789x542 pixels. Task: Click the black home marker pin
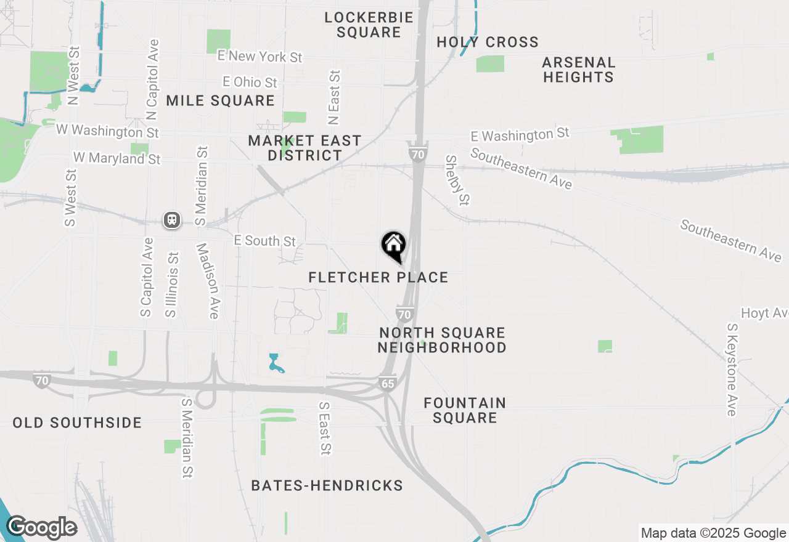(x=393, y=246)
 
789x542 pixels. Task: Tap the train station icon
(x=172, y=220)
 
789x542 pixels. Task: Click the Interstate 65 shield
(x=387, y=383)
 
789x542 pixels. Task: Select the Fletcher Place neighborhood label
(x=378, y=278)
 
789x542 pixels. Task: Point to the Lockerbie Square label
(x=369, y=25)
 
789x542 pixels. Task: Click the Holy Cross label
(x=488, y=42)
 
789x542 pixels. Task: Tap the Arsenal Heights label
(x=578, y=70)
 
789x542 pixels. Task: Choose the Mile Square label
(x=220, y=100)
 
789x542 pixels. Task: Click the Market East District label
(x=305, y=148)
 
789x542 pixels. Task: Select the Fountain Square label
(x=465, y=410)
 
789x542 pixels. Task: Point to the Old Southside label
(x=77, y=423)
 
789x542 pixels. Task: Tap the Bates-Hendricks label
(x=327, y=486)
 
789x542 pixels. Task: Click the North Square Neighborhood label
(x=442, y=340)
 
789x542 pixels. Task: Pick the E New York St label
(x=260, y=57)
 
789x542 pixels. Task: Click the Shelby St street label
(x=458, y=180)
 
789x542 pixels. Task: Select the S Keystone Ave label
(x=732, y=370)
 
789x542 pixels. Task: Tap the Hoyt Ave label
(x=764, y=313)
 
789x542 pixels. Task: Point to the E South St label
(x=264, y=241)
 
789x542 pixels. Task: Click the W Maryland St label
(x=117, y=158)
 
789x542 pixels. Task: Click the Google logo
(x=41, y=528)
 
